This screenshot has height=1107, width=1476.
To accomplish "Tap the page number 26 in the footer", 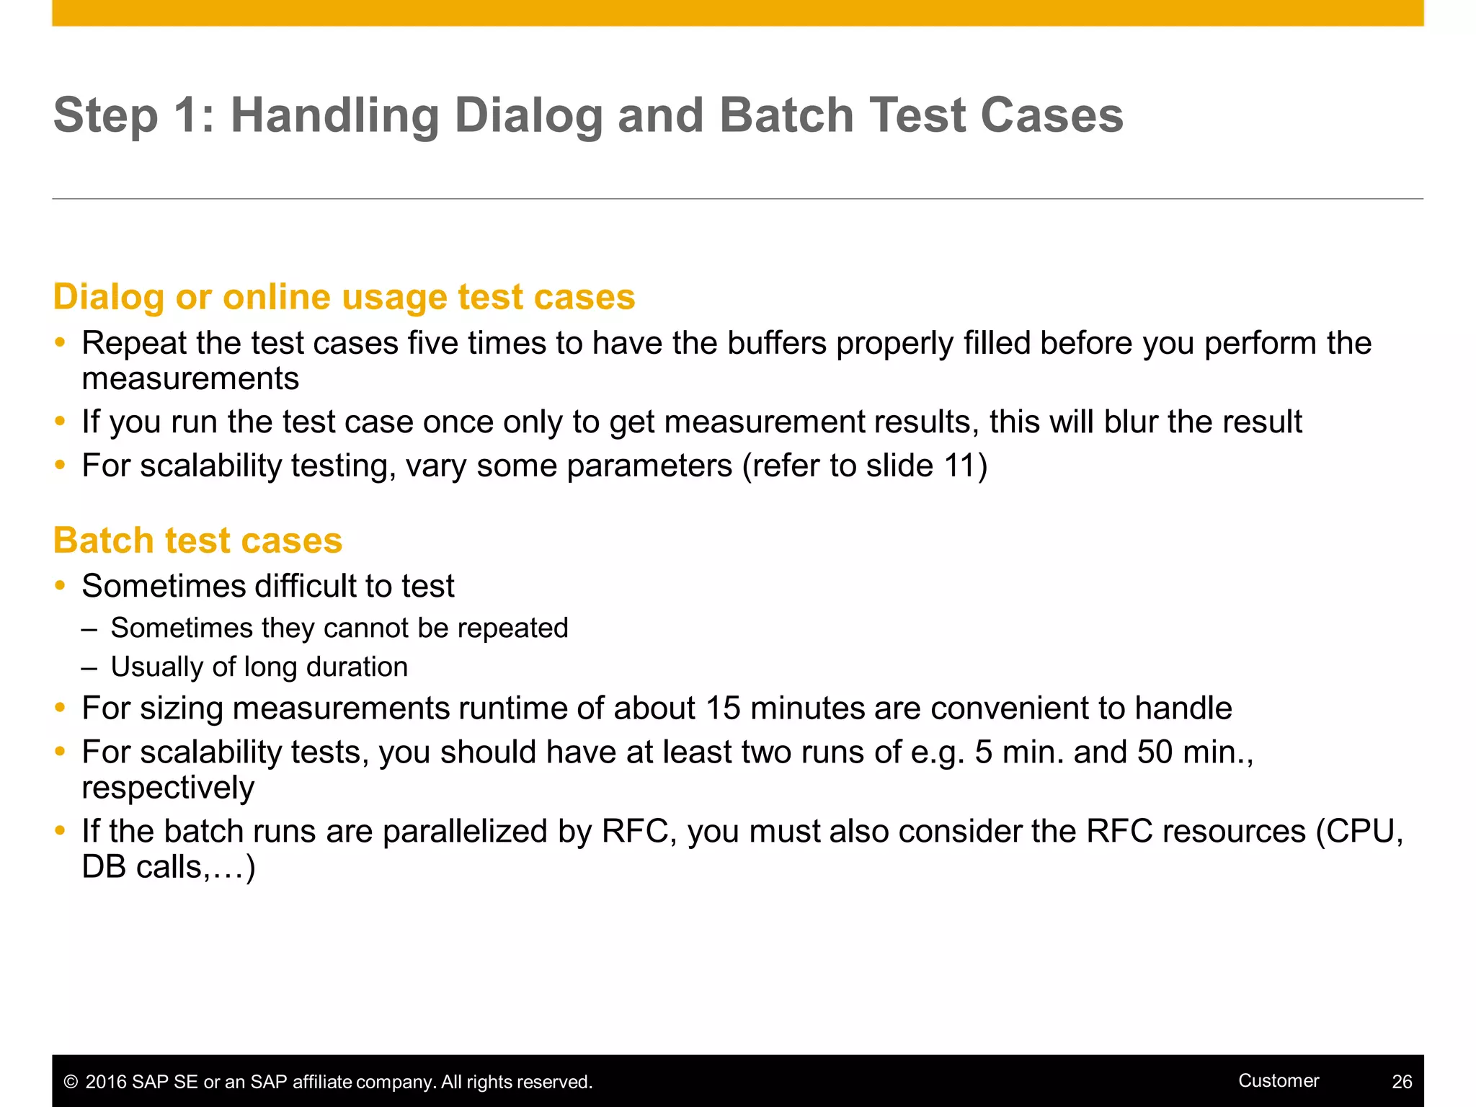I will tap(1402, 1082).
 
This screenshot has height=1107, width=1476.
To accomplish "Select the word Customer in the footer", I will tap(1279, 1080).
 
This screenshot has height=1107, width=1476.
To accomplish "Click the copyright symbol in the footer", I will tap(71, 1082).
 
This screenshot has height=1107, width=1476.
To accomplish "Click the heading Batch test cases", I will tap(197, 541).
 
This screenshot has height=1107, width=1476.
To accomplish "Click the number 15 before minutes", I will tap(723, 708).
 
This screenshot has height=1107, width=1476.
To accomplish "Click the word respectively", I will tap(168, 788).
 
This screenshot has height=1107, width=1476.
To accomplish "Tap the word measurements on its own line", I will tap(190, 379).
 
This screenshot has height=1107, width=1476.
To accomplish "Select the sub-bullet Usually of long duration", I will tap(259, 667).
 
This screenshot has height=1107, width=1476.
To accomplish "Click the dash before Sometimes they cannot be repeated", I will tap(89, 628).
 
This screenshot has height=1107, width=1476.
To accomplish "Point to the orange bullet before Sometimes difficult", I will tap(61, 585).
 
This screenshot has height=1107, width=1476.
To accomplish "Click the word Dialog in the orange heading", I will tap(108, 298).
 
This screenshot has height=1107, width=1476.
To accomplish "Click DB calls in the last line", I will tap(143, 867).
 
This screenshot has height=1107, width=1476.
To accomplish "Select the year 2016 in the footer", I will tap(107, 1082).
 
